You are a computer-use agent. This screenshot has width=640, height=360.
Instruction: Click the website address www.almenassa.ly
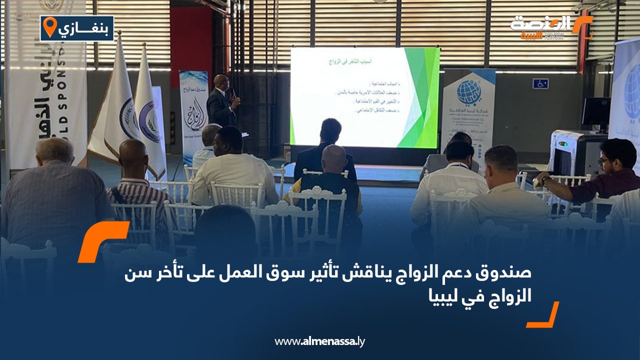pos(320,341)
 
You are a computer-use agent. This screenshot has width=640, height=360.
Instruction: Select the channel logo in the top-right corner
pos(550,27)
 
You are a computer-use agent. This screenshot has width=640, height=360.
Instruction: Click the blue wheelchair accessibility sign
pos(540,83)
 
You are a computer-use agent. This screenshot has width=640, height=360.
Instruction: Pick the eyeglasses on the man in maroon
pos(604,161)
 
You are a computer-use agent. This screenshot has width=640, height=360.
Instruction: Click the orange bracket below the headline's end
pos(544,315)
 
